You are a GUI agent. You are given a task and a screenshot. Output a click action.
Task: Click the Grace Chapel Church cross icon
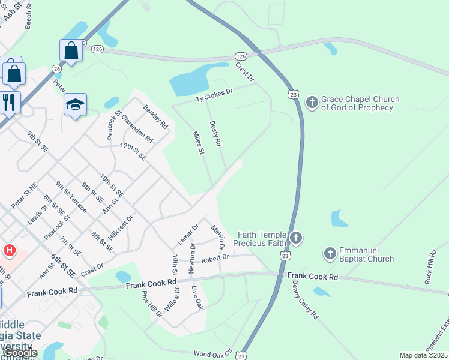[x=312, y=103]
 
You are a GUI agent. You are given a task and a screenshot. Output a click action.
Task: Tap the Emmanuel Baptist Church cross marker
[x=330, y=254]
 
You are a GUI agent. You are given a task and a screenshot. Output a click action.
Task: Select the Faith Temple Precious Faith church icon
[x=295, y=239]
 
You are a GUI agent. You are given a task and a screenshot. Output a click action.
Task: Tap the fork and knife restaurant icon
[x=9, y=101]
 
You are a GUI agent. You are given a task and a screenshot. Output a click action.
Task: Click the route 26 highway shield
[x=56, y=69]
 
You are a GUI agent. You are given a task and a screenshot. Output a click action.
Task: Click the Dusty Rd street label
[x=215, y=134]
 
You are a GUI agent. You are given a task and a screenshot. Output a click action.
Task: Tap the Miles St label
[x=198, y=144]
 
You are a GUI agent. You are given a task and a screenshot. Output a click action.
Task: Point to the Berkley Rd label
[x=154, y=117]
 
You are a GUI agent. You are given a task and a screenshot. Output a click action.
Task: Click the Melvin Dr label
[x=217, y=237]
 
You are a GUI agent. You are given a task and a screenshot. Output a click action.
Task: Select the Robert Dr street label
[x=215, y=258]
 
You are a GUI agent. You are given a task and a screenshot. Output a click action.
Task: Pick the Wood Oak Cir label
[x=212, y=354]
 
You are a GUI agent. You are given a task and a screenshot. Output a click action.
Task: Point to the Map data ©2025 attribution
[x=423, y=355]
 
